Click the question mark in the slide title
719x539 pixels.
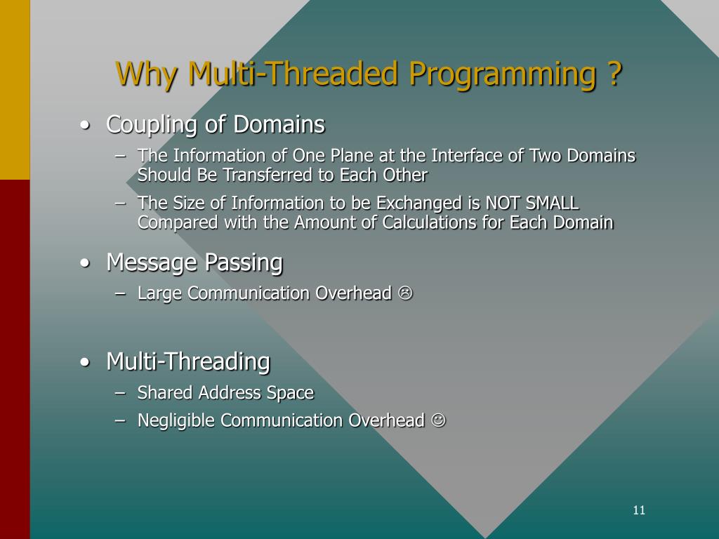click(x=616, y=74)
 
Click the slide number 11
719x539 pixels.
click(x=639, y=510)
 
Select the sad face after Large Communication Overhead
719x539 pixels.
click(x=405, y=293)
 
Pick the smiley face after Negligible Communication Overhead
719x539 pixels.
click(x=438, y=420)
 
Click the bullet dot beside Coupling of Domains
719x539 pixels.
click(x=84, y=125)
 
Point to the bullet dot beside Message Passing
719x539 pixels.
click(x=84, y=264)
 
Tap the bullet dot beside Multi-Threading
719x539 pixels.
click(x=84, y=362)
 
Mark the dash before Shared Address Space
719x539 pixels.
click(x=120, y=393)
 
